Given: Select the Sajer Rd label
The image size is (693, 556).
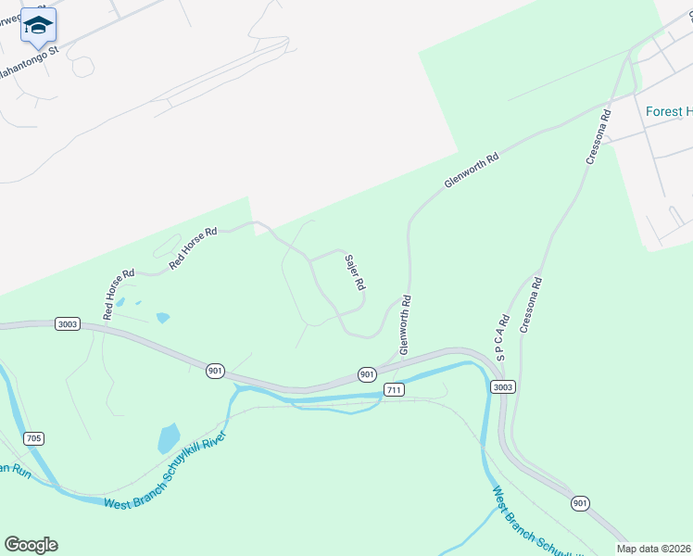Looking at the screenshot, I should (x=353, y=272).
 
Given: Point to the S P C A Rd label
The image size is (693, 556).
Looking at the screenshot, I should (x=503, y=336).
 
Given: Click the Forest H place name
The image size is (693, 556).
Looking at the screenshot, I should (x=669, y=112).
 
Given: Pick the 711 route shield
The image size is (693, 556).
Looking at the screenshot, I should (x=395, y=390).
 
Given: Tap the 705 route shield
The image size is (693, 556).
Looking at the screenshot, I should (x=33, y=438).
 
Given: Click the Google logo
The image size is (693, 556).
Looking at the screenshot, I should (x=31, y=544).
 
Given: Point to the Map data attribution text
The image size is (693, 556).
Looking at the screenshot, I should (x=654, y=549).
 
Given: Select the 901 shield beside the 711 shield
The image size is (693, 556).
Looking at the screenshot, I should (x=368, y=374).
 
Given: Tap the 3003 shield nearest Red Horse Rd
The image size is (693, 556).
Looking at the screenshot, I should (x=68, y=324).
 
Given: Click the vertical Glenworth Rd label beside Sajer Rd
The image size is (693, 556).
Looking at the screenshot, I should (x=405, y=325).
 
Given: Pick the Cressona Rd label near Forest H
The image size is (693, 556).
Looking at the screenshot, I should (x=598, y=138).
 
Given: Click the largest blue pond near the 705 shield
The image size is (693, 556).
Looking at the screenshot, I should (x=169, y=437).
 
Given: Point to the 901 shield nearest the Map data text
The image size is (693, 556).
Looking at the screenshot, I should (x=580, y=503).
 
